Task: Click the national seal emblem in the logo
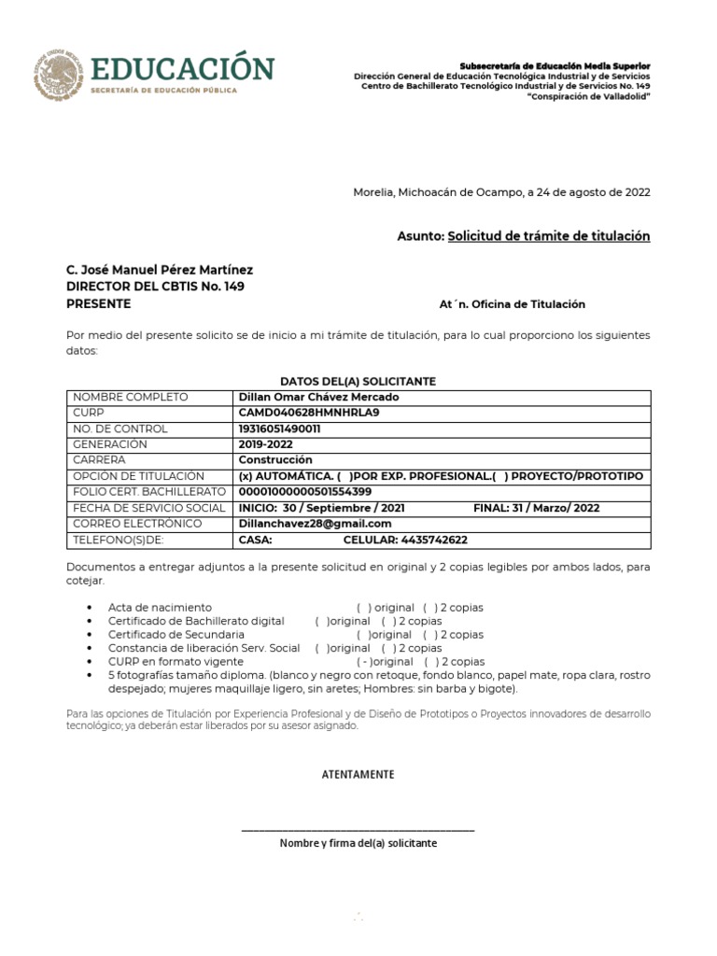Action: click(x=58, y=73)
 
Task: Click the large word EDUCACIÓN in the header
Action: click(x=182, y=68)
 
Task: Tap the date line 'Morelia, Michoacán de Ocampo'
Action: click(x=501, y=192)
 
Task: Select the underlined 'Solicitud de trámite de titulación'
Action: click(x=549, y=236)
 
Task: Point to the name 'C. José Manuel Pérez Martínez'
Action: click(x=159, y=269)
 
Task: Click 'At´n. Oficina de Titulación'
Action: click(x=512, y=304)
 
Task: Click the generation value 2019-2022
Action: click(x=266, y=444)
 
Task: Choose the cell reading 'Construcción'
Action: click(x=275, y=460)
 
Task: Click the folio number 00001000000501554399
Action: click(x=305, y=492)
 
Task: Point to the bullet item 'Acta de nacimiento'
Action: click(x=160, y=608)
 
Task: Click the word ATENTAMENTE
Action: click(x=358, y=775)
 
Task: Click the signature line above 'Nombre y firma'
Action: click(x=358, y=830)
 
